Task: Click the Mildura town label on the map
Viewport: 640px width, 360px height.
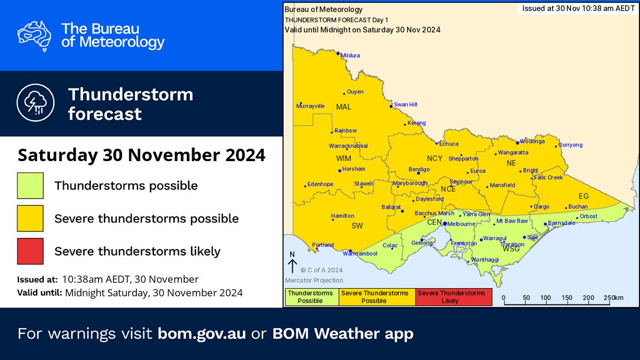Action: pos(350,55)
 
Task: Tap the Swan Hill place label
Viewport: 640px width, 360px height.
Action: pos(405,104)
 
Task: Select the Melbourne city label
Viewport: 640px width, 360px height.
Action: pos(461,224)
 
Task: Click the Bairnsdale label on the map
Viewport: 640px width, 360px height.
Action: pos(561,223)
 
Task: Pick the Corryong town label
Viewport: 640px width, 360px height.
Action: pos(570,145)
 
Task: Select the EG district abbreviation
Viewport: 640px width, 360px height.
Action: pos(584,195)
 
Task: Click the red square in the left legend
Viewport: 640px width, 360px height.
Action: pos(30,251)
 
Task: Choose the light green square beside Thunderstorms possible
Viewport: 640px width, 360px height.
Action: pos(30,185)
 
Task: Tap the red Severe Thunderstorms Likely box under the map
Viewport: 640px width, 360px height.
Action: pos(454,297)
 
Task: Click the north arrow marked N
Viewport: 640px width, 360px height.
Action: pos(291,262)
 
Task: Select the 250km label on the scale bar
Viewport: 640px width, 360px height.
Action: pos(613,297)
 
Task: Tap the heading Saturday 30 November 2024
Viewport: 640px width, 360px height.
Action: pos(141,155)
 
